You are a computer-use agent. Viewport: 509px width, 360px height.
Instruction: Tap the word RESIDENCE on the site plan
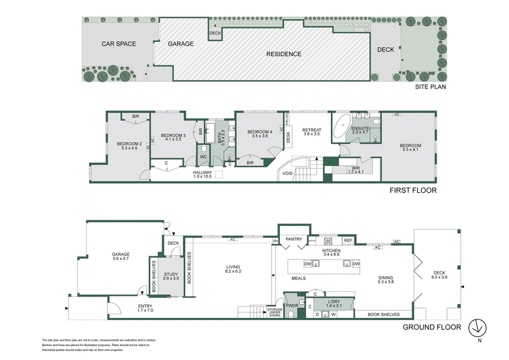[x=284, y=54]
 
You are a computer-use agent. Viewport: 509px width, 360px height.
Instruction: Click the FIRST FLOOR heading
[x=414, y=190]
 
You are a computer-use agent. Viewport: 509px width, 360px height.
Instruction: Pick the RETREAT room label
[x=312, y=132]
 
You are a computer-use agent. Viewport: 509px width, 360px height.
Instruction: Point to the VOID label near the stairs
[x=288, y=172]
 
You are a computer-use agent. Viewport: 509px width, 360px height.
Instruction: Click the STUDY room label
[x=171, y=275]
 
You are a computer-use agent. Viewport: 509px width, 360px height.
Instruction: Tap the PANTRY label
[x=293, y=239]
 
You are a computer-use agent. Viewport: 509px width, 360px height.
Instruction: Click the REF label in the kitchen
[x=347, y=240]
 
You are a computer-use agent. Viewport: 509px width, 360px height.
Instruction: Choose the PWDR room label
[x=292, y=305]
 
